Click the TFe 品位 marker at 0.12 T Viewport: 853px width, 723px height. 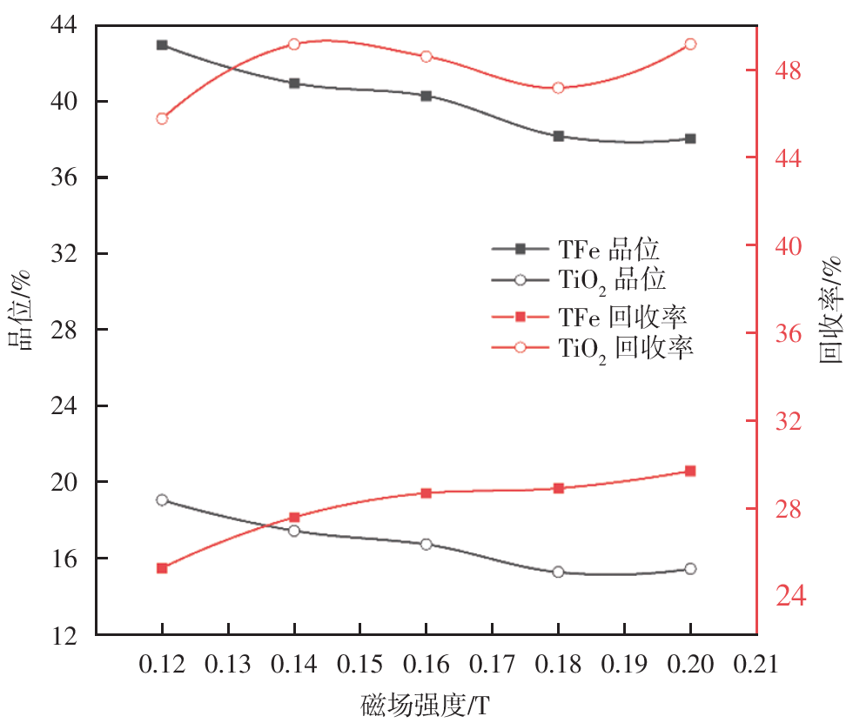tap(162, 44)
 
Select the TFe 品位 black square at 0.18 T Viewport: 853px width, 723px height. tap(558, 136)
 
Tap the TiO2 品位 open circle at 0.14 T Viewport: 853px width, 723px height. tap(294, 531)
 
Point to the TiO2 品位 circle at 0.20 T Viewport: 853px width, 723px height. tap(690, 569)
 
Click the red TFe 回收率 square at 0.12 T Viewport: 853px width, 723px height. tap(162, 568)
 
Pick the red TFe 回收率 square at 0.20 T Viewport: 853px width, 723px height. tap(690, 471)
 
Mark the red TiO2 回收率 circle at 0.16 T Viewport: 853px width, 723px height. tap(426, 57)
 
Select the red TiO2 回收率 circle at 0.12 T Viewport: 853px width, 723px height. tap(162, 118)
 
